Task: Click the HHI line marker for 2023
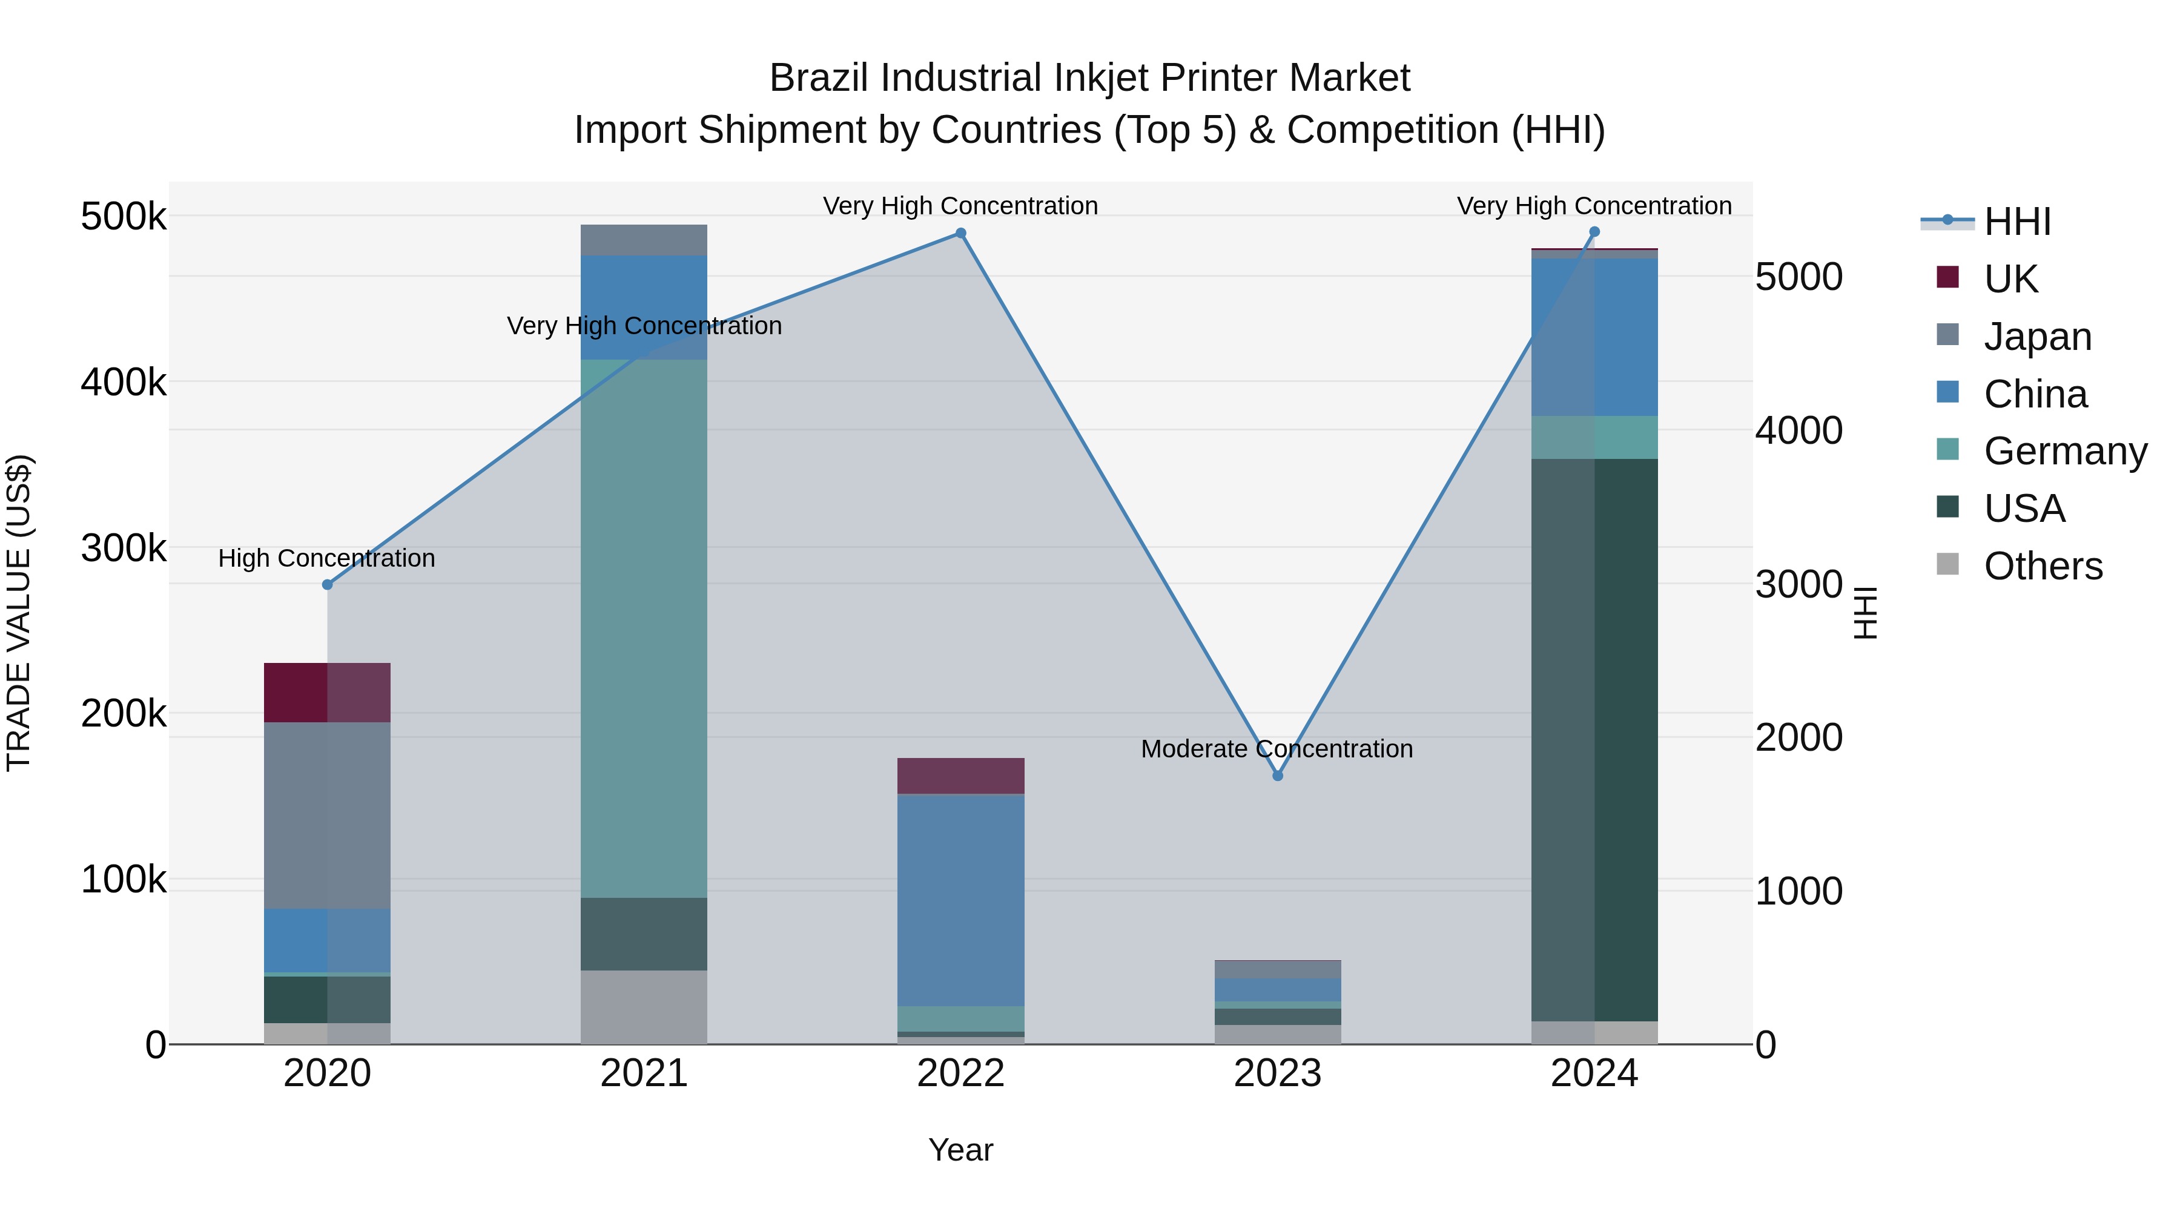1278,776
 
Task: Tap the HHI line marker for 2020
328,585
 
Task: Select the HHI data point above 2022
960,234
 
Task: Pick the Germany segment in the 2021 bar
644,628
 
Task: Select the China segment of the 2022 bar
960,900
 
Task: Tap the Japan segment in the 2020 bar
328,815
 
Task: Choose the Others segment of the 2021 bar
644,1006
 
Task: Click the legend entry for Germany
2064,451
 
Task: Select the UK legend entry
2010,278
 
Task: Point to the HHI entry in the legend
2016,222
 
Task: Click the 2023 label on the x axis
1277,1073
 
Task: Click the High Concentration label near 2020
326,558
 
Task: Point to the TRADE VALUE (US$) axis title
19,613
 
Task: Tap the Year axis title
960,1150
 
